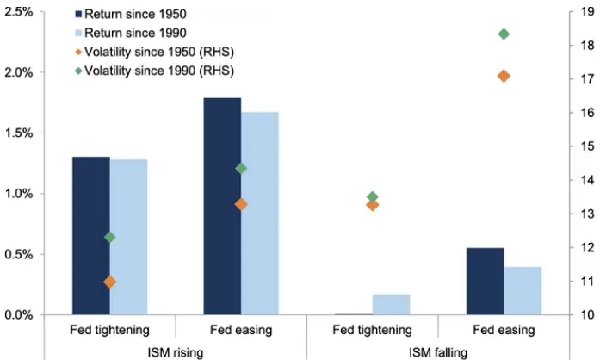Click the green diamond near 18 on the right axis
[504, 34]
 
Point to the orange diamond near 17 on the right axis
[504, 76]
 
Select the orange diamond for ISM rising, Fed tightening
[109, 282]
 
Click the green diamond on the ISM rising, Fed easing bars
[241, 168]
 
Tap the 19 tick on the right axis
[583, 11]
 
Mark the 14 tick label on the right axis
[583, 180]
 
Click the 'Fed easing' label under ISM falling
[504, 330]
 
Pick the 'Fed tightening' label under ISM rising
[109, 330]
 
